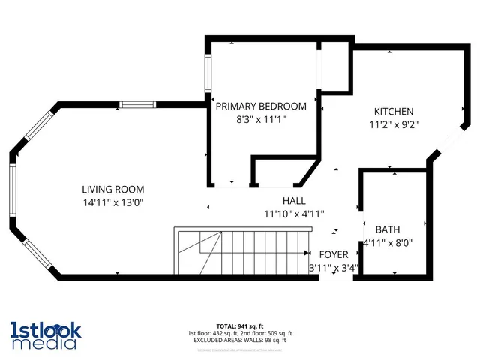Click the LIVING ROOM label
click(x=112, y=190)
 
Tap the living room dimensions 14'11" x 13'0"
click(x=112, y=202)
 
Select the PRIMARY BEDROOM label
click(x=261, y=106)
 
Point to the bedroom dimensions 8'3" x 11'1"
click(x=261, y=119)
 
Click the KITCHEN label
click(x=394, y=112)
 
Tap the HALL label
click(x=293, y=201)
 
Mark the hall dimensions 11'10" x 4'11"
click(x=293, y=214)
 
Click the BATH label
click(x=388, y=229)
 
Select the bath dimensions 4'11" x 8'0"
click(x=388, y=243)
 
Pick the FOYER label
click(x=334, y=254)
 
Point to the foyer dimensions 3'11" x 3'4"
click(x=334, y=267)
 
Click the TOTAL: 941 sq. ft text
click(x=239, y=326)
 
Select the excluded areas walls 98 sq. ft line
click(x=239, y=339)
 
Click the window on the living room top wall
click(x=139, y=104)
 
